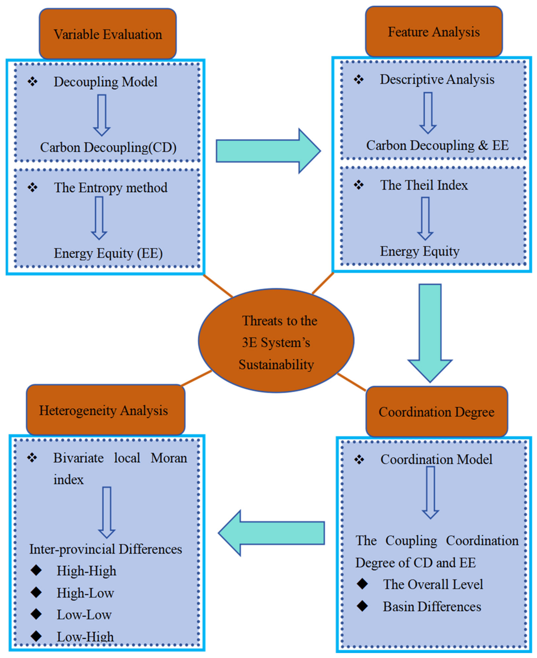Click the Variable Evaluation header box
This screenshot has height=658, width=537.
pyautogui.click(x=108, y=34)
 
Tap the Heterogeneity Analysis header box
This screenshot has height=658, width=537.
pyautogui.click(x=105, y=410)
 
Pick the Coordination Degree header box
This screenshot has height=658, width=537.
pyautogui.click(x=437, y=412)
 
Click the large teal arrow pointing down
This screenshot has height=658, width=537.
pyautogui.click(x=430, y=333)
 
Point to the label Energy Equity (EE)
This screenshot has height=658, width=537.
pyautogui.click(x=108, y=253)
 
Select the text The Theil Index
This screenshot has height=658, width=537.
pyautogui.click(x=424, y=185)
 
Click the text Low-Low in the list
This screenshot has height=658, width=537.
pyautogui.click(x=84, y=614)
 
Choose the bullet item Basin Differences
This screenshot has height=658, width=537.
pyautogui.click(x=432, y=606)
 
